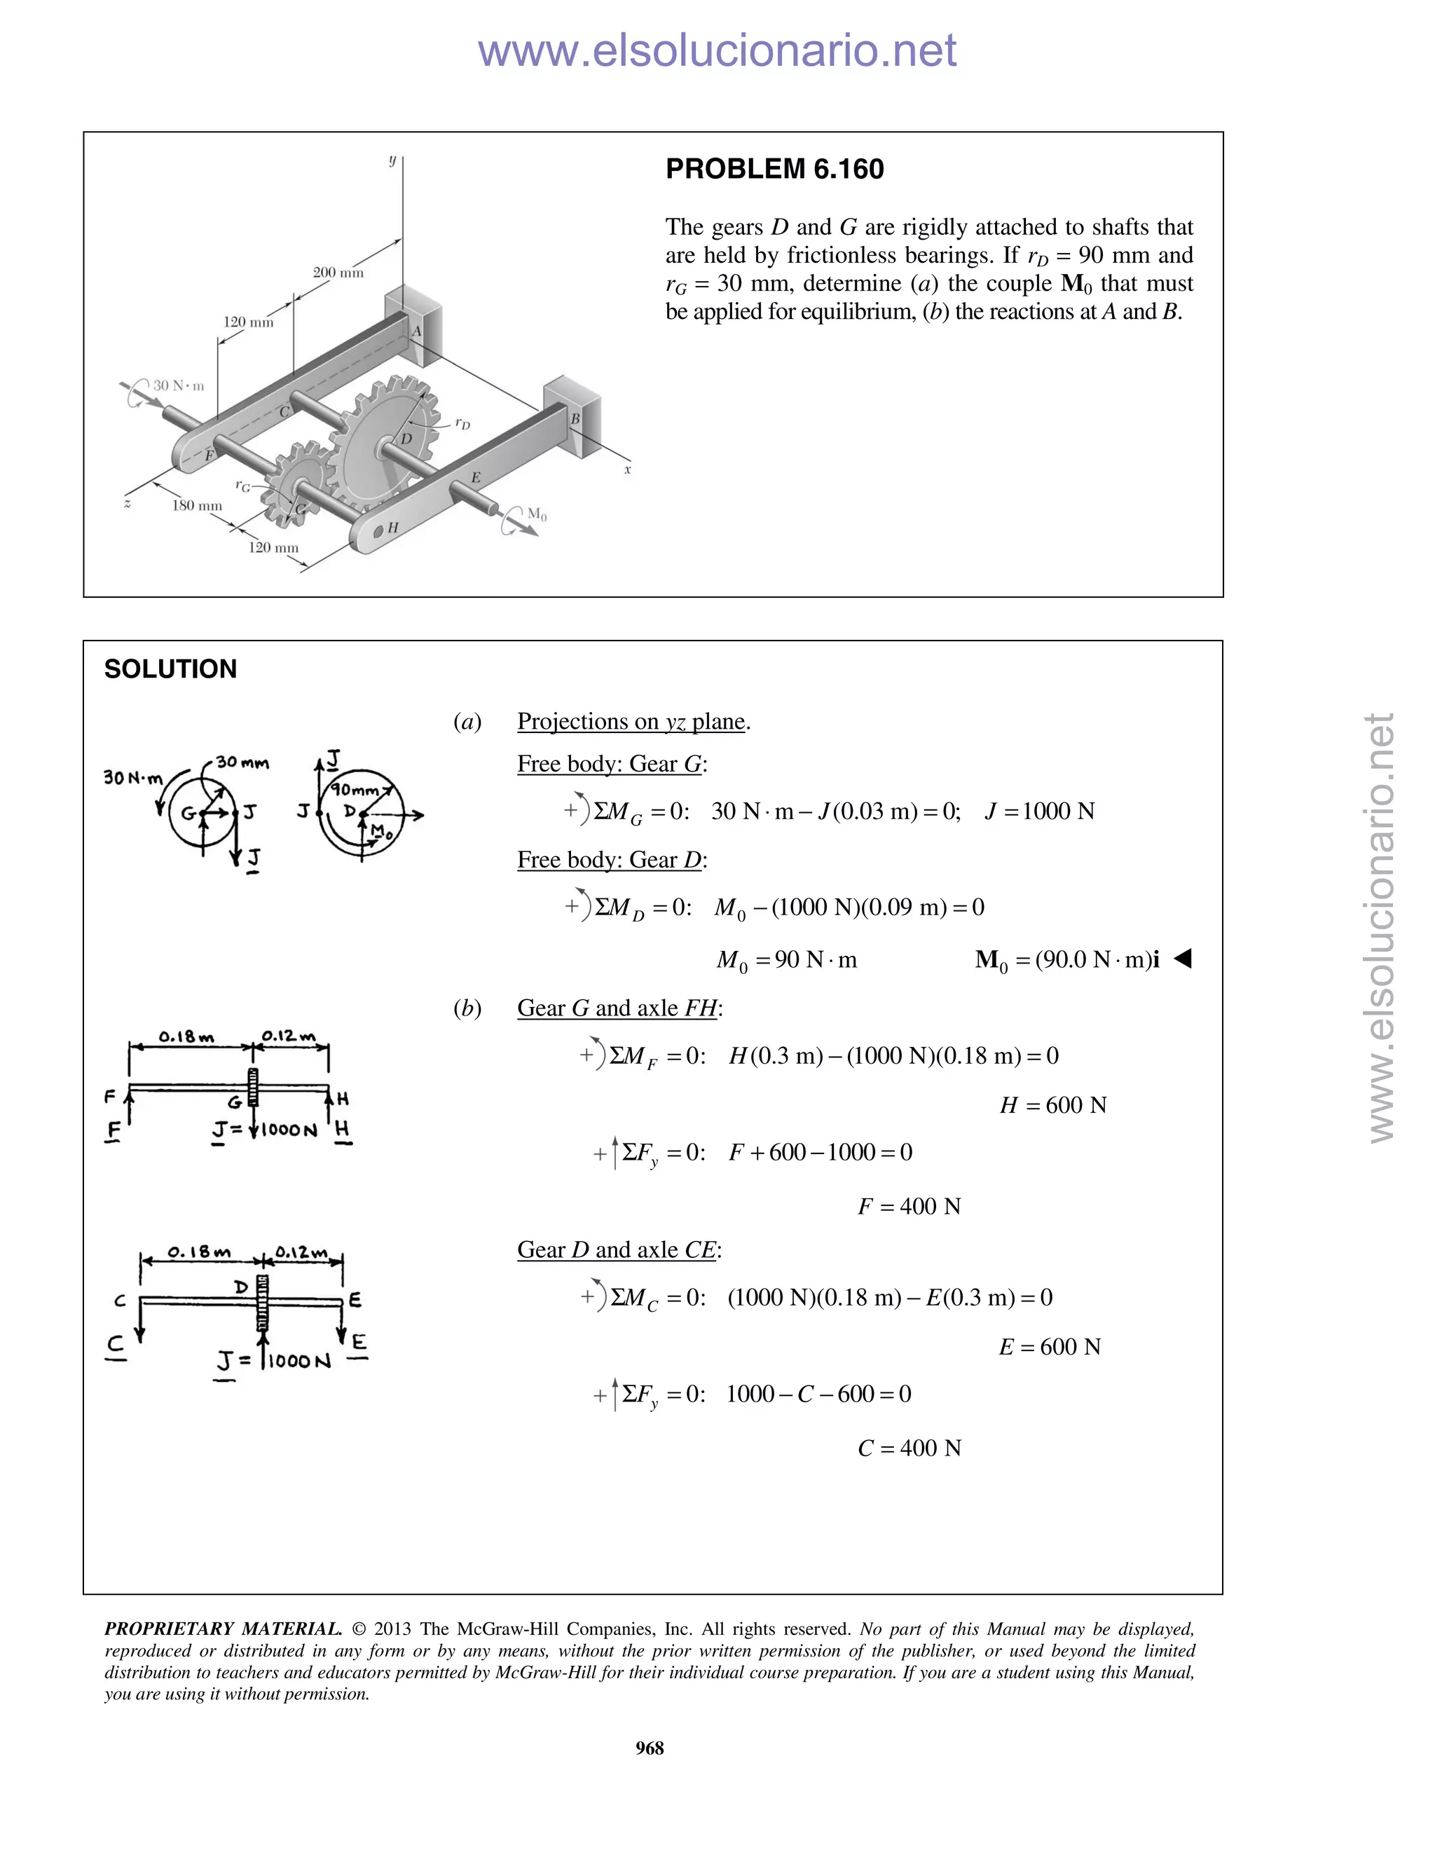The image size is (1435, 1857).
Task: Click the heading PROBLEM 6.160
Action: (x=774, y=169)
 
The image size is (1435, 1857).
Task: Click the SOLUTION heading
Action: (x=170, y=669)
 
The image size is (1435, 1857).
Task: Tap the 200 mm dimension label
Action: (x=338, y=273)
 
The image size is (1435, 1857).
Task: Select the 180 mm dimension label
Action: (x=196, y=506)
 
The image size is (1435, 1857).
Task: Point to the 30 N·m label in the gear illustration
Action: (x=179, y=386)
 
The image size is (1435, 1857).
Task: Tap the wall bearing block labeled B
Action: (x=571, y=411)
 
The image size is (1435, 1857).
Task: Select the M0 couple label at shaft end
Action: (x=537, y=514)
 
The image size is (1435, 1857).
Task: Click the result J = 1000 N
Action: (x=1040, y=811)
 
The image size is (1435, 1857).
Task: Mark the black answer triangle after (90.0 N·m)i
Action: (x=1183, y=959)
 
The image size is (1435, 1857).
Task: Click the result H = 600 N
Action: (x=1052, y=1105)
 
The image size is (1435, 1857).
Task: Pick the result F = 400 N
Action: (x=909, y=1207)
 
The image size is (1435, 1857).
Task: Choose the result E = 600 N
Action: (x=1049, y=1347)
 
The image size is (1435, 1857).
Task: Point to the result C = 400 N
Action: (x=909, y=1448)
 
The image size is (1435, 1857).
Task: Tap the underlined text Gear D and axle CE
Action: (x=619, y=1250)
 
